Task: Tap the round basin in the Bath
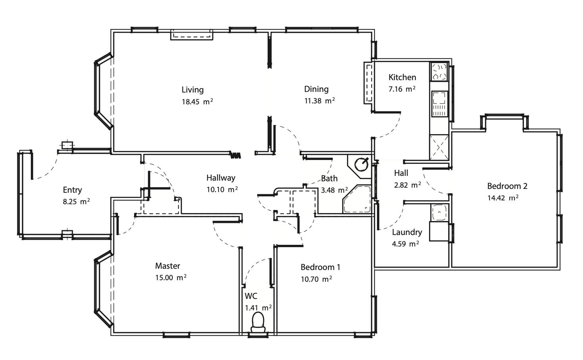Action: [x=361, y=164]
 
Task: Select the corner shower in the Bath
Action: [x=357, y=199]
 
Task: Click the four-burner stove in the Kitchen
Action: [x=439, y=72]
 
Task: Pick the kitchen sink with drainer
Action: [x=439, y=104]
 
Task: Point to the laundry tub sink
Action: [x=439, y=213]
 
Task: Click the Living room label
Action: [x=193, y=90]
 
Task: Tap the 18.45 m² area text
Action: [x=197, y=101]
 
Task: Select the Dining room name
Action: [x=316, y=89]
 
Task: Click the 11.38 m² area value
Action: [x=320, y=100]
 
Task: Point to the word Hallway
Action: [x=221, y=178]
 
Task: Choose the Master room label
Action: [x=168, y=266]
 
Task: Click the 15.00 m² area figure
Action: [x=171, y=277]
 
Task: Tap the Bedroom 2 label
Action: [x=507, y=186]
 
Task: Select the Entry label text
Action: [x=72, y=190]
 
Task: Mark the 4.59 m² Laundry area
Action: [x=405, y=244]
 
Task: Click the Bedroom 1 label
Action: [x=320, y=267]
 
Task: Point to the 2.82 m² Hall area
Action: [x=408, y=185]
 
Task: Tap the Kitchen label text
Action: [x=402, y=77]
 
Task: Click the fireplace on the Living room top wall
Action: [x=192, y=35]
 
